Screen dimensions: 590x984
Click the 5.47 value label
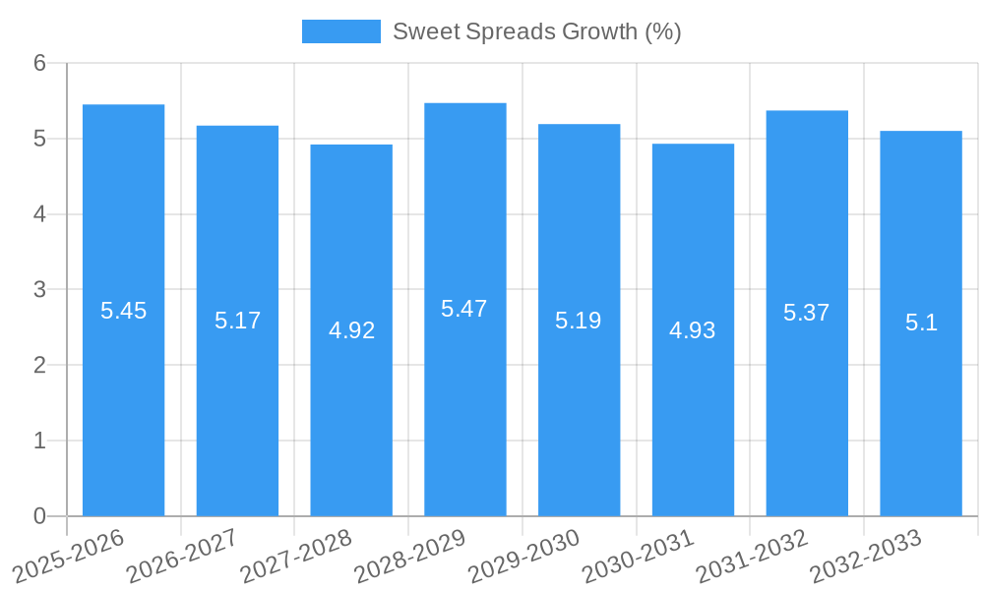464,309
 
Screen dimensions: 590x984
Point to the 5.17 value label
237,321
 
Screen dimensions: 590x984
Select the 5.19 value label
579,321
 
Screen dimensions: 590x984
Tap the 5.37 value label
807,313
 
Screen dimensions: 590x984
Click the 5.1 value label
921,323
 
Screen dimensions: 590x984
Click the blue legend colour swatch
340,31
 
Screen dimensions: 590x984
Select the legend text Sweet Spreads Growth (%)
537,31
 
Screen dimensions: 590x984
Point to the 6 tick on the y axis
40,63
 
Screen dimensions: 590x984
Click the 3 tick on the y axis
40,290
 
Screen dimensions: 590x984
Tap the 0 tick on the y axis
40,516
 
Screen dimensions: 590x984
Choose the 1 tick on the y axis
40,441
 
